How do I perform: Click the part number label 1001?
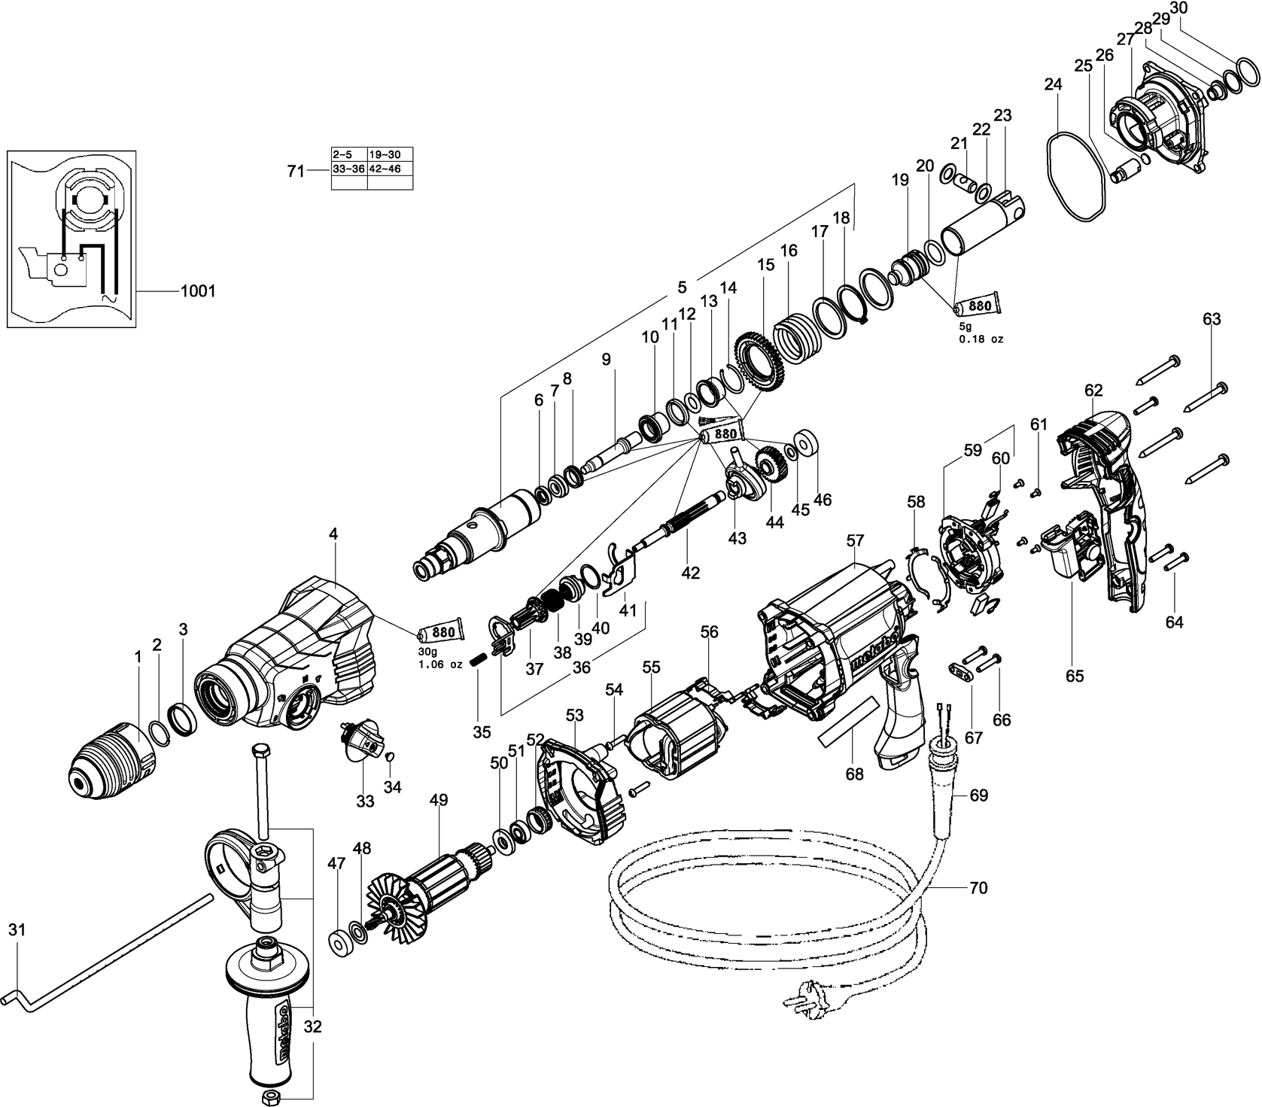198,291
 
